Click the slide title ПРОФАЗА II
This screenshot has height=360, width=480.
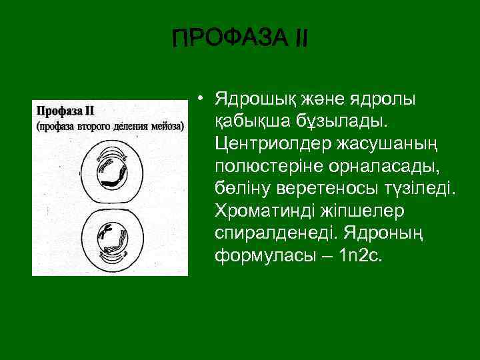240,38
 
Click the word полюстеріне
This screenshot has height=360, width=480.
268,165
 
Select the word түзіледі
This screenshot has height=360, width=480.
421,187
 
